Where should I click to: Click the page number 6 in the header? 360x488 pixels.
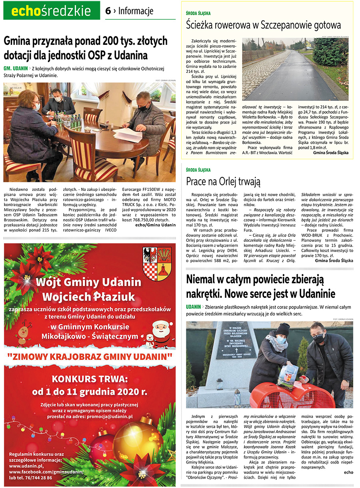108,11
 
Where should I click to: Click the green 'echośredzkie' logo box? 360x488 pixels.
52,11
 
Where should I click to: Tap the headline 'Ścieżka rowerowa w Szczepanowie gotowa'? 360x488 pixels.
264,25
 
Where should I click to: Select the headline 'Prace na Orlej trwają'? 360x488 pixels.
223,181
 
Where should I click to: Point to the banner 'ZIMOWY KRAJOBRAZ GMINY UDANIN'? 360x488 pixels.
90,356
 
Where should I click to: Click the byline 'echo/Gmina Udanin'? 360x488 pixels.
155,225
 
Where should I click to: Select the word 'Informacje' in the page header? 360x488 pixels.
136,11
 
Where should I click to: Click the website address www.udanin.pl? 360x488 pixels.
26,466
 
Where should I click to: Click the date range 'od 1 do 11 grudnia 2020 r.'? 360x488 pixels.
89,391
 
